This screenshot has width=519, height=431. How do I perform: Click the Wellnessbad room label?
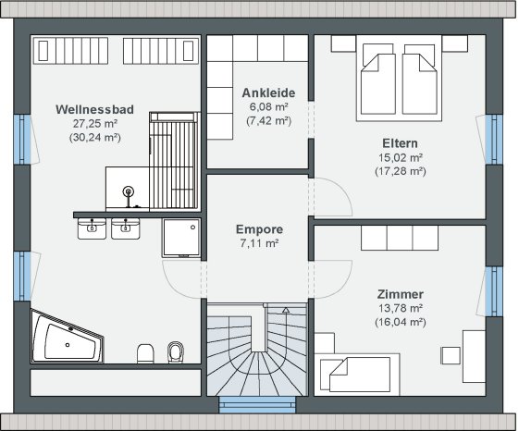[x=94, y=110]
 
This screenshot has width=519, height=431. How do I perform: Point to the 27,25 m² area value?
[x=94, y=124]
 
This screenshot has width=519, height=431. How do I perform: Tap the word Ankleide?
[x=269, y=92]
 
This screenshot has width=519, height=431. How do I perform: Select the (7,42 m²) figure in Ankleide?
[x=269, y=121]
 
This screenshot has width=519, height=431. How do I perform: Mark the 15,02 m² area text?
[x=400, y=157]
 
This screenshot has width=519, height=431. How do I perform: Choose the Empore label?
[x=259, y=230]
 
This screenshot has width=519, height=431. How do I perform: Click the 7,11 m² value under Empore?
[x=259, y=244]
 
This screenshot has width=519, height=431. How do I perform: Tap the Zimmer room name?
[x=400, y=293]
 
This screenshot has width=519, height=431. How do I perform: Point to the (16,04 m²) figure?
[x=400, y=322]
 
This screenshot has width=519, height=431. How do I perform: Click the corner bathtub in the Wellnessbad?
[x=67, y=338]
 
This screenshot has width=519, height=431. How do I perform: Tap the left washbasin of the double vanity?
[x=91, y=228]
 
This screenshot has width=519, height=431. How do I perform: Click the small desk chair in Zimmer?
[x=451, y=356]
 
